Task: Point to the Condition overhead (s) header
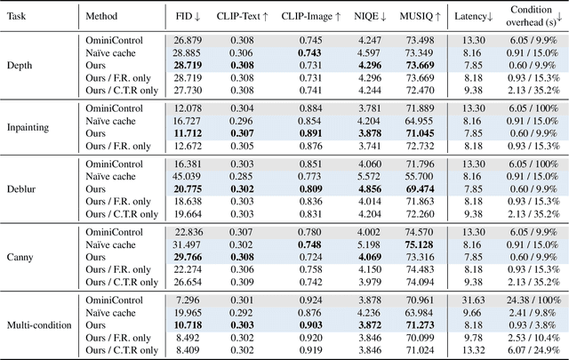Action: click(532, 15)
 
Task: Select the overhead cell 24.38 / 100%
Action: click(532, 300)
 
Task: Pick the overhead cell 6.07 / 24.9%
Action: click(532, 350)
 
